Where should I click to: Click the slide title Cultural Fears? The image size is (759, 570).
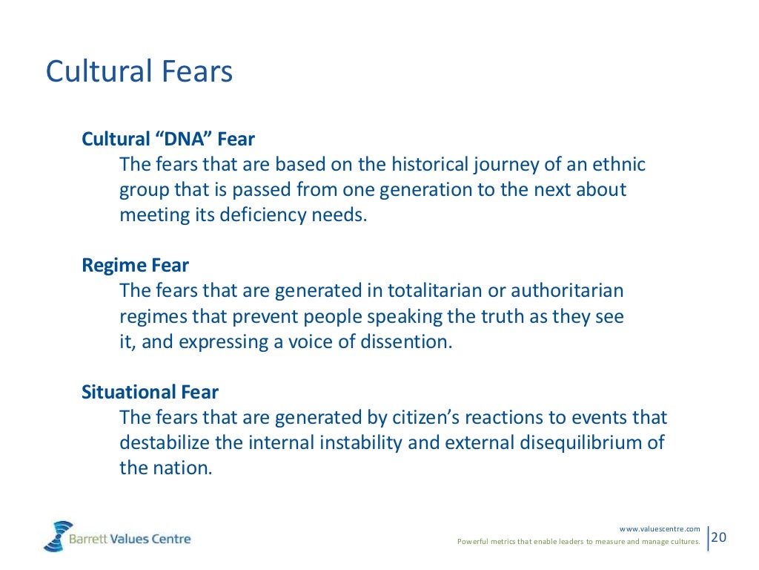[x=139, y=73]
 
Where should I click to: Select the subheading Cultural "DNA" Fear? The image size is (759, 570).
[x=168, y=139]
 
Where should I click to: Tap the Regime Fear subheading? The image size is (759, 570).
[x=136, y=265]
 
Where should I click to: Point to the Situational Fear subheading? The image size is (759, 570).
[x=150, y=392]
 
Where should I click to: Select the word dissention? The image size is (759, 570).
[x=406, y=342]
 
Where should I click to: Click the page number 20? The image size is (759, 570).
[x=719, y=537]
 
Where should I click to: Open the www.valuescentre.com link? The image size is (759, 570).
[x=660, y=528]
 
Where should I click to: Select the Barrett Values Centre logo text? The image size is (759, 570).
[x=130, y=539]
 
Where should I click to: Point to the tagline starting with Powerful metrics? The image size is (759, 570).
[x=578, y=542]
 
